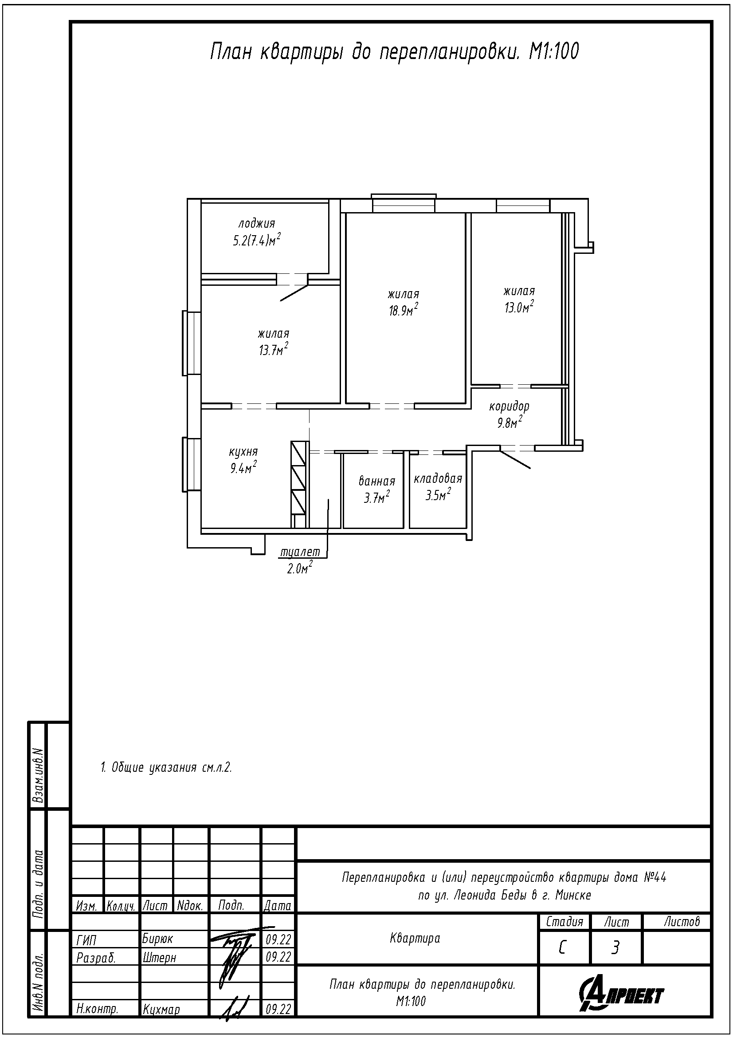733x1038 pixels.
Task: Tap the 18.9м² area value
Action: (404, 310)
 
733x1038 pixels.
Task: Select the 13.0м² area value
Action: (519, 307)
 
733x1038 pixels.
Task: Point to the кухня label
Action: (243, 452)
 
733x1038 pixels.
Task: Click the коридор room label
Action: (510, 407)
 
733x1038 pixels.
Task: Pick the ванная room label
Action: (377, 481)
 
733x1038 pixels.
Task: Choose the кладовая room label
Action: (438, 478)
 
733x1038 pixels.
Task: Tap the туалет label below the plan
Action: (300, 552)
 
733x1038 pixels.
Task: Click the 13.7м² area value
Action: (274, 350)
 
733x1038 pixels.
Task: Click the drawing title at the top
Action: (394, 52)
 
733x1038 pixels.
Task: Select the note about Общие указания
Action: (166, 767)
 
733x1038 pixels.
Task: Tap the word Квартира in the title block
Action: (415, 938)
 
